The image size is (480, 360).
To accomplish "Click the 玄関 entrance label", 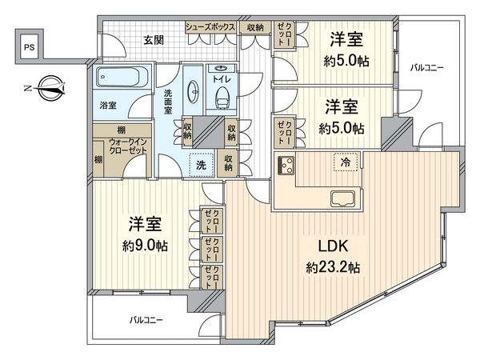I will pyautogui.click(x=154, y=39).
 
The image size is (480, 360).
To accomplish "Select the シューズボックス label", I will pyautogui.click(x=210, y=27).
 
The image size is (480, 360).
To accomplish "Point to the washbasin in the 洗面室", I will pyautogui.click(x=193, y=90).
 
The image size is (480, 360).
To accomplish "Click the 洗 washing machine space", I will pyautogui.click(x=202, y=163).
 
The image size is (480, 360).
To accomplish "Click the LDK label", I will pyautogui.click(x=330, y=246).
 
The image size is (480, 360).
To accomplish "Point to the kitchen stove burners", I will pyautogui.click(x=285, y=166).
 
